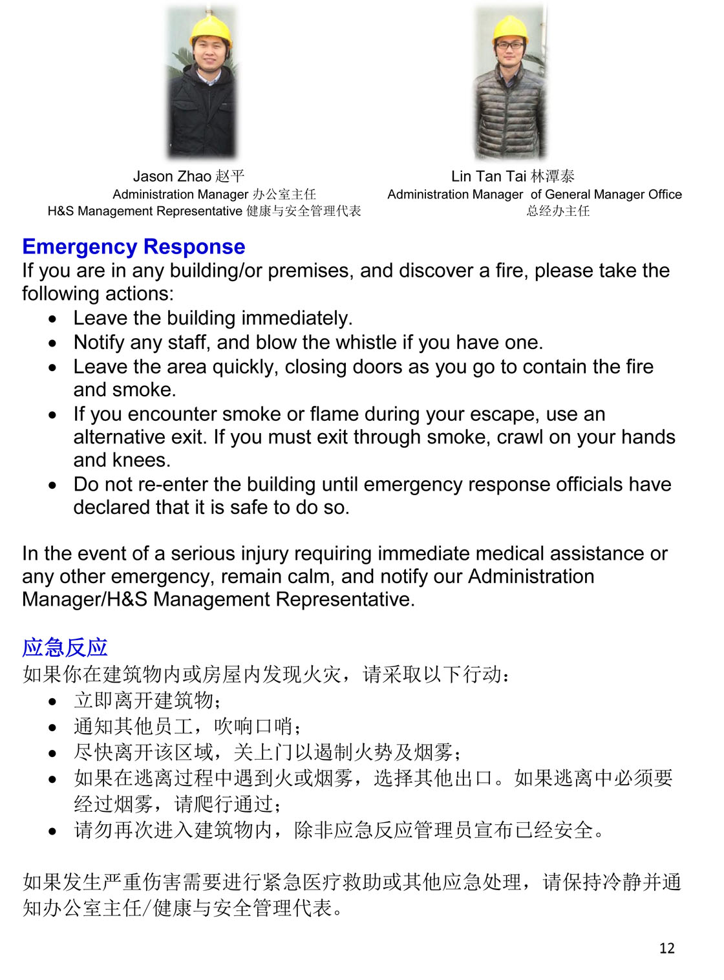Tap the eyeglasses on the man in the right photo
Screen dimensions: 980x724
coord(510,45)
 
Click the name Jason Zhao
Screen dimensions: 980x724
coord(172,176)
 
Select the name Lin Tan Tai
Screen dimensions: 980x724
coord(489,176)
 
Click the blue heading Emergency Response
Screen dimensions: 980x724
coord(134,246)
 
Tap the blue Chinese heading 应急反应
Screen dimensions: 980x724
coord(65,647)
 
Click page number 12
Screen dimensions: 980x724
coord(666,948)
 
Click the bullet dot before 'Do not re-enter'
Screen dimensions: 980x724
coord(52,485)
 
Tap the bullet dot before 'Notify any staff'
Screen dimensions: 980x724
coord(52,343)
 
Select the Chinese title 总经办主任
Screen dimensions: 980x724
coord(558,211)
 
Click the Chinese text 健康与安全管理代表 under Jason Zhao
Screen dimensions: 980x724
coord(303,211)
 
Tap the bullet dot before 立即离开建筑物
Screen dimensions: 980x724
coord(52,701)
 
